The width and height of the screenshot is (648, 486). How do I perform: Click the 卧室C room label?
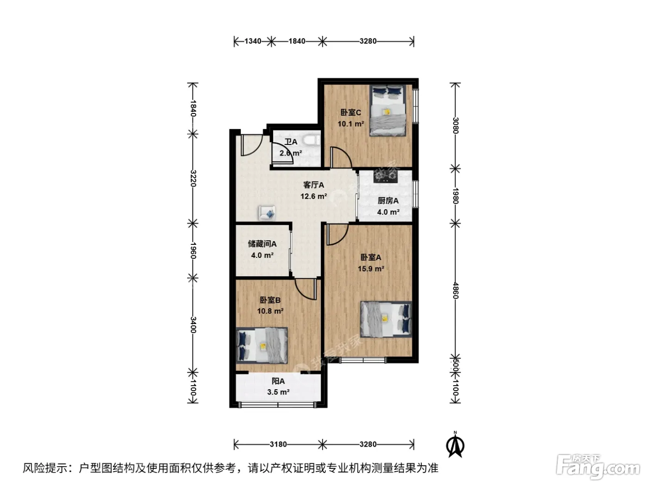(x=350, y=112)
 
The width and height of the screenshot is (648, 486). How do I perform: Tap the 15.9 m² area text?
(x=371, y=269)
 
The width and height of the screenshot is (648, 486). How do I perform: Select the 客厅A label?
(x=313, y=185)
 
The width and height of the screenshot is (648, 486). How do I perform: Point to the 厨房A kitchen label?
(x=388, y=201)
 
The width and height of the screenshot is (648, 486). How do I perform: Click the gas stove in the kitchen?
(x=385, y=176)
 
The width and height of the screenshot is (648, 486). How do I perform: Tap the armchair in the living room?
(x=267, y=213)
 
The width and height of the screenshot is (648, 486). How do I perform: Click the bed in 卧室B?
(x=262, y=345)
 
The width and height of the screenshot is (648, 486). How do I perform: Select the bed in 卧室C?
(x=387, y=110)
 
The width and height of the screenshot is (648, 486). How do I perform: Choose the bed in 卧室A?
(x=386, y=319)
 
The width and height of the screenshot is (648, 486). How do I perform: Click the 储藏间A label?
(x=262, y=244)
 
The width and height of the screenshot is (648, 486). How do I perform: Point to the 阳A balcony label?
(x=278, y=381)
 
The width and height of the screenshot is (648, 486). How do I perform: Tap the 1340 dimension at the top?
(x=253, y=41)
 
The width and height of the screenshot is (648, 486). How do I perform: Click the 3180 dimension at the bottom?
(x=278, y=444)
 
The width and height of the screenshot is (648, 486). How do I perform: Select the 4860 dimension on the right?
(x=455, y=291)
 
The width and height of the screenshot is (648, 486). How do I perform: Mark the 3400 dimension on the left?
(x=193, y=325)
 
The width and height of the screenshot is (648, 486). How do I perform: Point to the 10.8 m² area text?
(x=270, y=311)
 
